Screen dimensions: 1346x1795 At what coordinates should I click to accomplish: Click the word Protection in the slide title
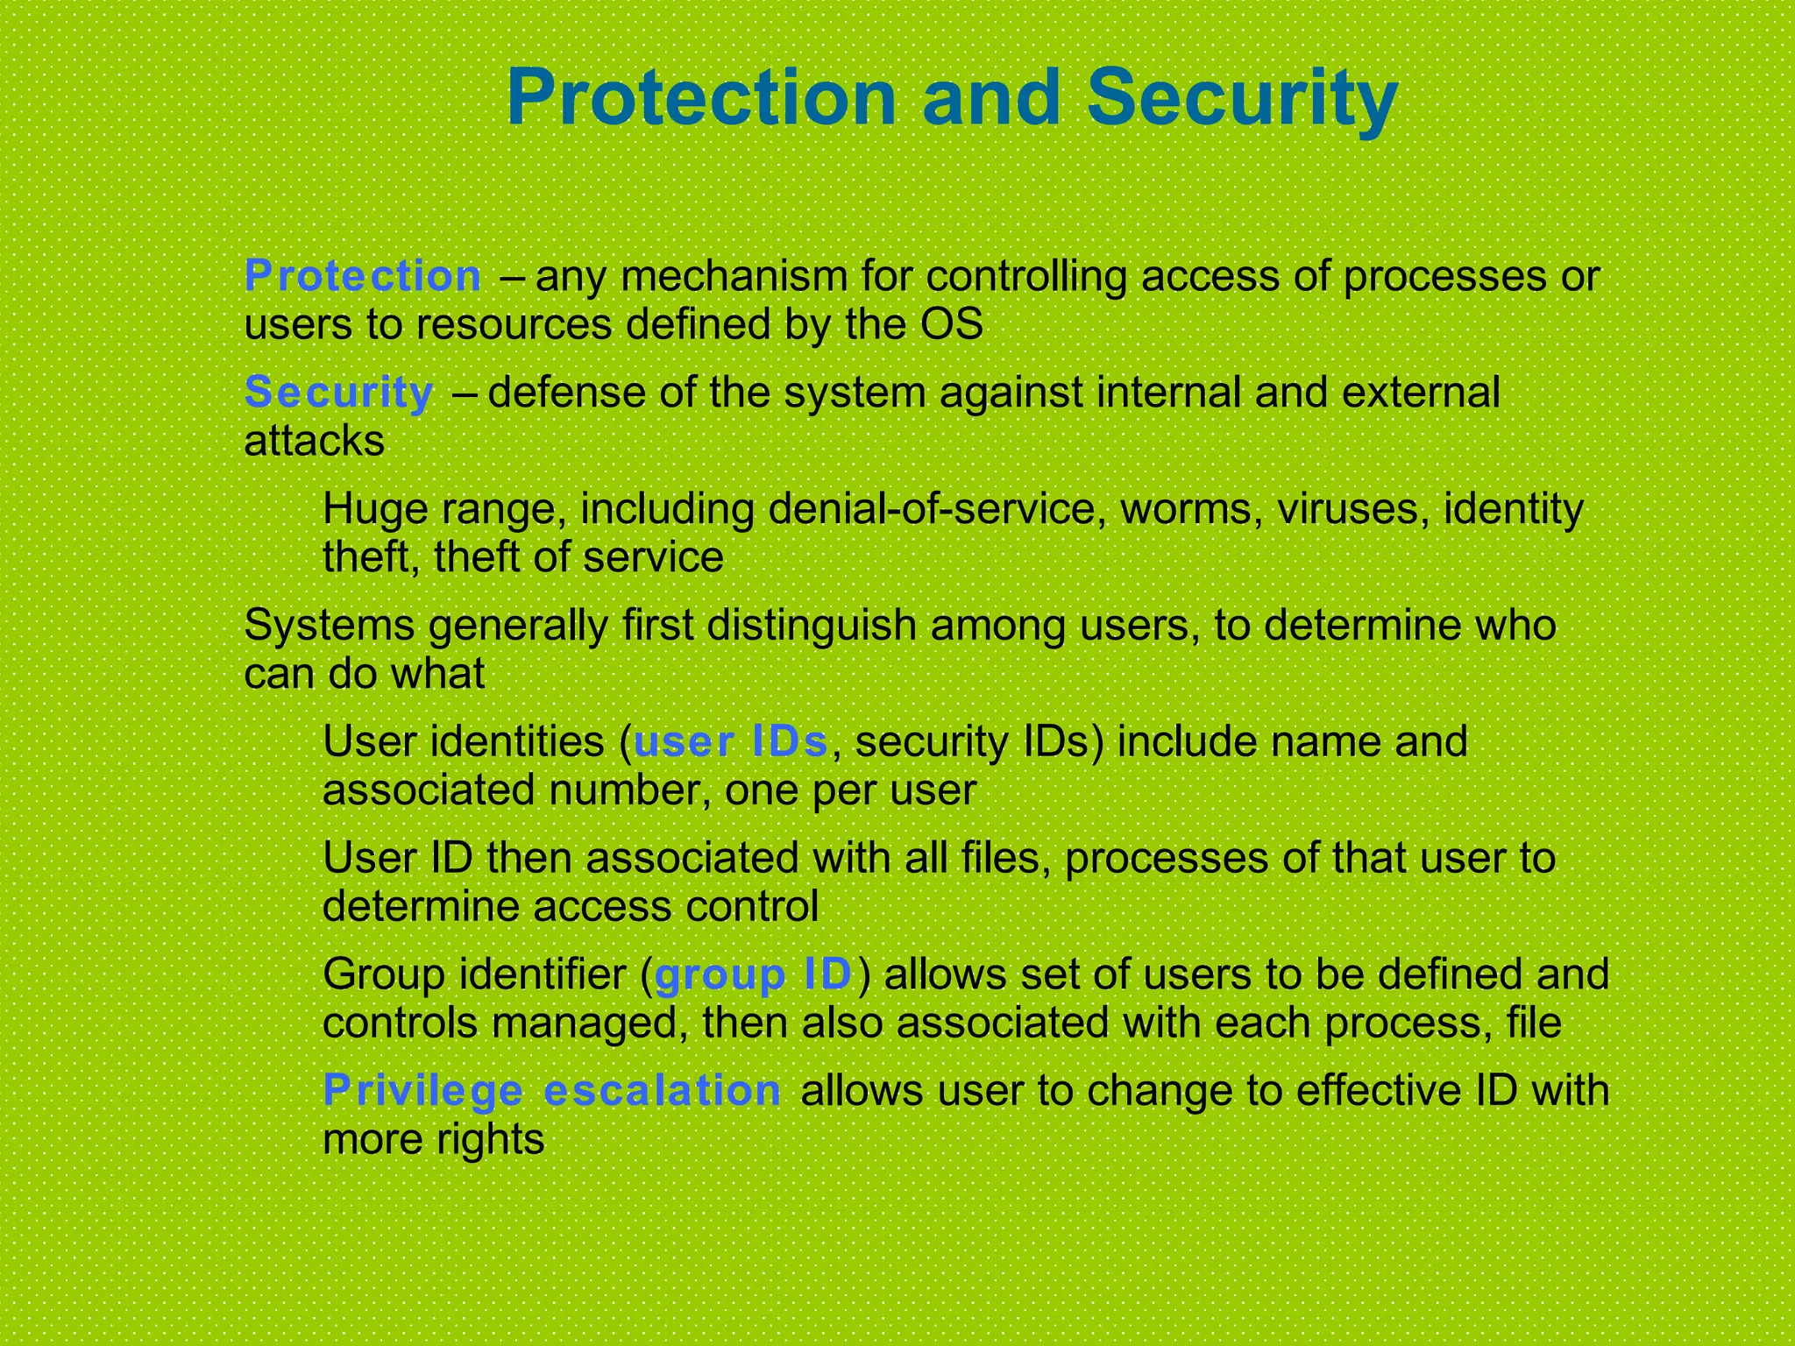pos(701,98)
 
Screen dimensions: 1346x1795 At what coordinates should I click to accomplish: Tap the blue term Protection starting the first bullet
pos(363,277)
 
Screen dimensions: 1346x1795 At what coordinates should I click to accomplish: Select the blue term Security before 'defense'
pos(338,393)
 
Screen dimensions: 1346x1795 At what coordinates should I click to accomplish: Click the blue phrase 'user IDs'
pos(731,742)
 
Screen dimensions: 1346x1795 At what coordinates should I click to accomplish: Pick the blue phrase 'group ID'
pos(754,975)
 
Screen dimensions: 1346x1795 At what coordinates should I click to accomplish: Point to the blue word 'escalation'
pos(662,1091)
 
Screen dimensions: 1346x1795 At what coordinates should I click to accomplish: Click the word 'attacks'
pos(314,441)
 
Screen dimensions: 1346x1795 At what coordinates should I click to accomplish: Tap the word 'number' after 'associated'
pos(623,791)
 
